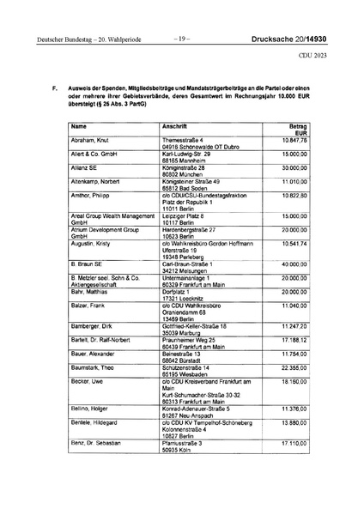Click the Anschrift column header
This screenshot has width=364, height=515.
pyautogui.click(x=175, y=127)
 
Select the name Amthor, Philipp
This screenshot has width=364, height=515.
pyautogui.click(x=88, y=196)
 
